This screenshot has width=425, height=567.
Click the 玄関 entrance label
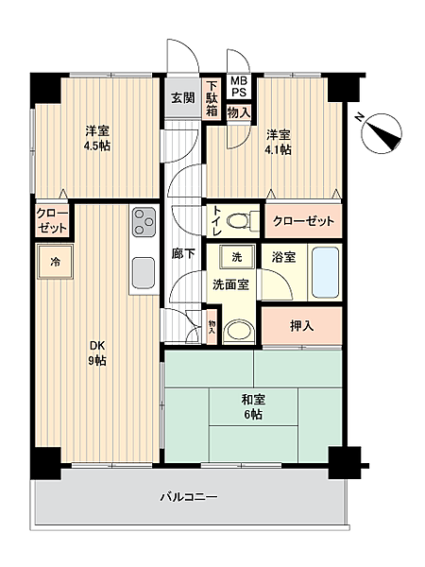[183, 97]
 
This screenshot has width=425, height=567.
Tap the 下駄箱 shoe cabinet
[212, 98]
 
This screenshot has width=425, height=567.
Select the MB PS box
[239, 86]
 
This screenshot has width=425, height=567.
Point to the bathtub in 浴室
[326, 272]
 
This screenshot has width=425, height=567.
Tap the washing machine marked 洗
[237, 257]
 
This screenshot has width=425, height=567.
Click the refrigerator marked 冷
[55, 262]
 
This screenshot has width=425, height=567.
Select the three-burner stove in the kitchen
[144, 222]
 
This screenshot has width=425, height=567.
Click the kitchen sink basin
[144, 273]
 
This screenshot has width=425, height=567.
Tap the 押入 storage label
[302, 326]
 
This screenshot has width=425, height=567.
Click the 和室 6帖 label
[253, 406]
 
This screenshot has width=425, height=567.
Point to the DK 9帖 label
[97, 352]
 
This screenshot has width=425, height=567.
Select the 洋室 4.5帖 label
[97, 138]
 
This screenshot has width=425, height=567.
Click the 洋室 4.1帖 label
[278, 142]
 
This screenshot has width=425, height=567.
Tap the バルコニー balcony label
[189, 496]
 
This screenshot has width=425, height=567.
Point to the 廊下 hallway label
[183, 254]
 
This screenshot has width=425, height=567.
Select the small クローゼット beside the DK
[52, 220]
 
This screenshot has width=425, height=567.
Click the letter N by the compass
[359, 117]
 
